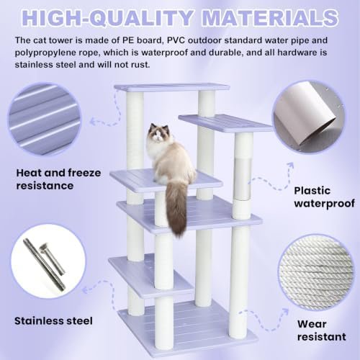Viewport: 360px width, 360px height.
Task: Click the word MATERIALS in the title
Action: point(270,17)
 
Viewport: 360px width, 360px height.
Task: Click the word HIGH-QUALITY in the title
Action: point(107,18)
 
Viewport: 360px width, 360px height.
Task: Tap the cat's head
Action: point(156,133)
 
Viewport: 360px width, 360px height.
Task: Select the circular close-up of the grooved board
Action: point(45,119)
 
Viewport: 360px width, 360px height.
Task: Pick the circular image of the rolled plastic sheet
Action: point(309,117)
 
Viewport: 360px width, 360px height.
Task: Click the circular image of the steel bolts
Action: point(48,261)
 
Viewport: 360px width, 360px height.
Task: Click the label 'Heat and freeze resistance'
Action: point(58,179)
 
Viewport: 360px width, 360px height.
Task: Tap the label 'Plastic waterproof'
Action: point(324,197)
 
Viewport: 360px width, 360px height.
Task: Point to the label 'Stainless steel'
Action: point(53,321)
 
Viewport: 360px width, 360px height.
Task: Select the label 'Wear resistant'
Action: point(321,330)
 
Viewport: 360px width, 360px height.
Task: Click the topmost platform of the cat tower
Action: point(172,87)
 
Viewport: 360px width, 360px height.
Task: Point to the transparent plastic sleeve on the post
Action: point(243,179)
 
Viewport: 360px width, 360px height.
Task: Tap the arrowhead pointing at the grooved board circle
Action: point(92,122)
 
